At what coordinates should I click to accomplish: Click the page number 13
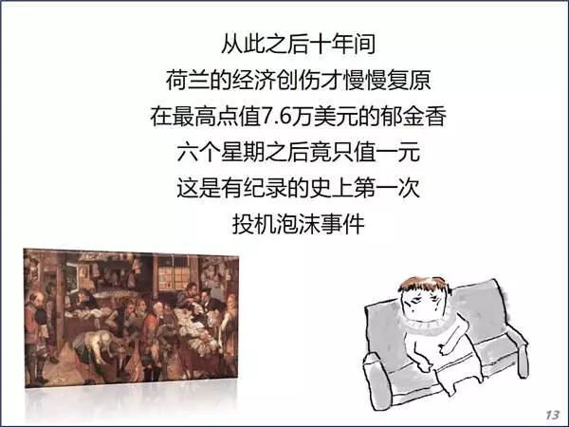552,415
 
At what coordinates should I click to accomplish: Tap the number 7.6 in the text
276,117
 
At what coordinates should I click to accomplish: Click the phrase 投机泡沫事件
299,224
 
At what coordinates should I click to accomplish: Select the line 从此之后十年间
299,45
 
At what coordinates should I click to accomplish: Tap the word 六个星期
221,153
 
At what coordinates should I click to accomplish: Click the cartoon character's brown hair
424,285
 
